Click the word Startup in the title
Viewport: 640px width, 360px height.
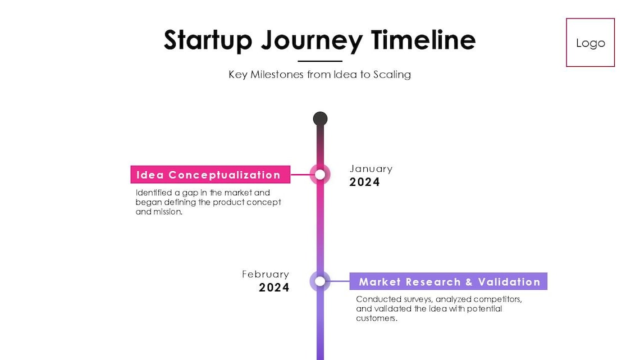click(x=208, y=40)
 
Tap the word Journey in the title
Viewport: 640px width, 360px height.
click(x=312, y=40)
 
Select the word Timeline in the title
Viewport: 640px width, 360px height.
click(x=423, y=40)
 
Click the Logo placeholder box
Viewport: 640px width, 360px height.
click(x=590, y=43)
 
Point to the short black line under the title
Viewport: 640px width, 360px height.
click(x=319, y=61)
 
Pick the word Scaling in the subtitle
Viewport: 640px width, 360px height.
click(x=392, y=74)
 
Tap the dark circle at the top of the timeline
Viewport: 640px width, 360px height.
click(x=320, y=119)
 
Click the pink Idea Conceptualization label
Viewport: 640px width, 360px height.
click(x=210, y=175)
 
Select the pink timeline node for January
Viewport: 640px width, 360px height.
click(x=320, y=174)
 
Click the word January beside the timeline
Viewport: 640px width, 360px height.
click(x=371, y=168)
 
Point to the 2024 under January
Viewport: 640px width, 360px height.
click(x=364, y=182)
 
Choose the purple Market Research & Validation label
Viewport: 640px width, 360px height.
click(x=448, y=281)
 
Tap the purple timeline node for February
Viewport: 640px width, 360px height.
click(x=320, y=281)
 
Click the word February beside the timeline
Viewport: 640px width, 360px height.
click(x=266, y=274)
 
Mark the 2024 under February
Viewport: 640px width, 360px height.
click(x=274, y=288)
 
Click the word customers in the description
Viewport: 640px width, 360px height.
click(x=376, y=318)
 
